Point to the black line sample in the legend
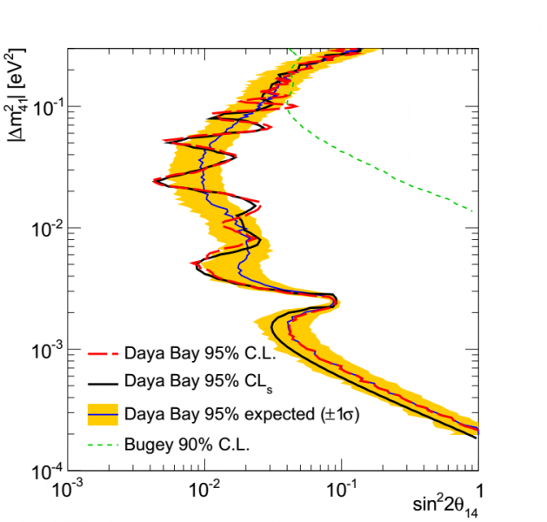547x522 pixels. [x=103, y=381]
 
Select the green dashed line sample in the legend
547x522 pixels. [x=103, y=445]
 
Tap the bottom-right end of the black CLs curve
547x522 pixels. [x=476, y=438]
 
